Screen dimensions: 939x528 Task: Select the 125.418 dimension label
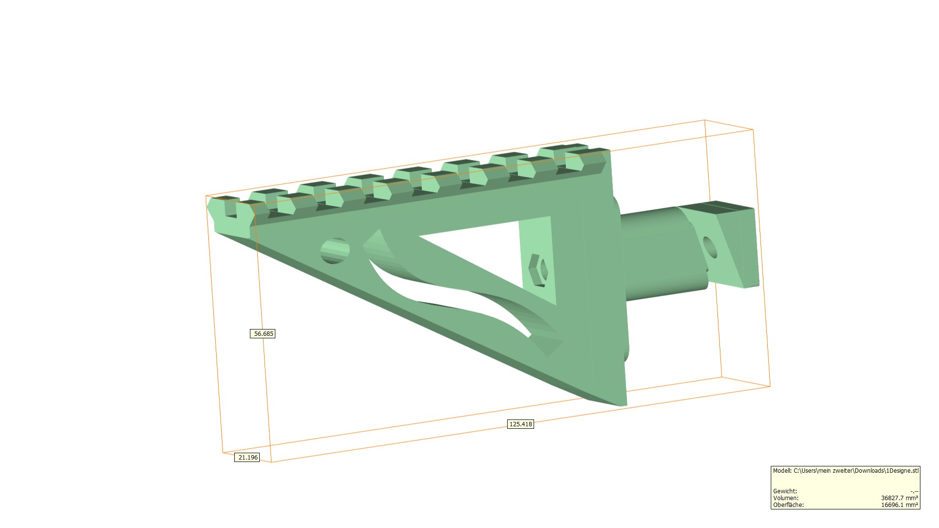[x=520, y=424]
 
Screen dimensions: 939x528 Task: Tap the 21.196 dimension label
[x=247, y=458]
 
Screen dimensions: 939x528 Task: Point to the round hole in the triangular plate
[x=335, y=251]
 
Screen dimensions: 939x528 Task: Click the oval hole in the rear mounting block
[x=710, y=247]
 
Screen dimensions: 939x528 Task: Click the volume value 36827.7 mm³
[x=899, y=498]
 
